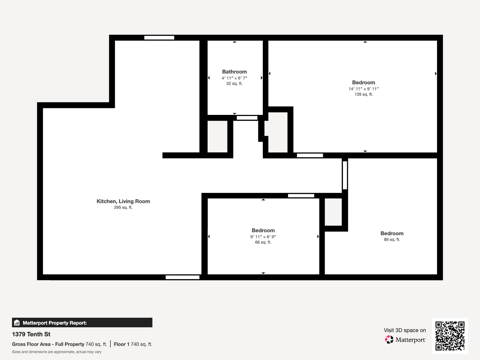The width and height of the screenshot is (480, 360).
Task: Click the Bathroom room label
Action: [x=234, y=72]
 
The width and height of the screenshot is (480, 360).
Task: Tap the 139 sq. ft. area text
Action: [x=363, y=94]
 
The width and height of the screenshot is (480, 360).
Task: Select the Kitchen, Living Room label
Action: [x=123, y=201]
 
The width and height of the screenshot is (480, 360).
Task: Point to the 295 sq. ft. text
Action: [x=123, y=207]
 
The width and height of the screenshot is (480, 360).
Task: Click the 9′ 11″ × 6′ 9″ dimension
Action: [x=263, y=237]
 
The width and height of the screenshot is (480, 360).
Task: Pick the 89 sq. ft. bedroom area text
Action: [x=392, y=239]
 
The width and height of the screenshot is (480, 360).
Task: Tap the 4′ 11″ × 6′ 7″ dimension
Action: [x=234, y=78]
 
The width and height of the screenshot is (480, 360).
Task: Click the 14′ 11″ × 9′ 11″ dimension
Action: [x=363, y=89]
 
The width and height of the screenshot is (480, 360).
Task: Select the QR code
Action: [x=450, y=336]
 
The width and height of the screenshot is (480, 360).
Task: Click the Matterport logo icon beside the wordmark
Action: [x=389, y=340]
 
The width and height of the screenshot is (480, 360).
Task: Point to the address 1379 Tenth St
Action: [x=31, y=334]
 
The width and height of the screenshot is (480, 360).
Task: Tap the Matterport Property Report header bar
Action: [x=82, y=323]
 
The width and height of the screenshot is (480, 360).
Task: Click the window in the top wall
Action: [x=159, y=38]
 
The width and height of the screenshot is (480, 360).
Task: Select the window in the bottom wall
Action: [x=182, y=277]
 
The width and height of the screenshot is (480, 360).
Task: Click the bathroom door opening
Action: [x=247, y=118]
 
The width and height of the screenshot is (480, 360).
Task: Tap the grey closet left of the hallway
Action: [x=217, y=136]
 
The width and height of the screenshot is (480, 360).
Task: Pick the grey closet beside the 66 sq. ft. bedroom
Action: [x=333, y=212]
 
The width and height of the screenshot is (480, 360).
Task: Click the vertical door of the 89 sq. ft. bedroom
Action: [x=345, y=175]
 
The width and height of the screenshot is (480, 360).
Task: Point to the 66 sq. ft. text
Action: [x=263, y=242]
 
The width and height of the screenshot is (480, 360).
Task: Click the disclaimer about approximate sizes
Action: [x=57, y=352]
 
